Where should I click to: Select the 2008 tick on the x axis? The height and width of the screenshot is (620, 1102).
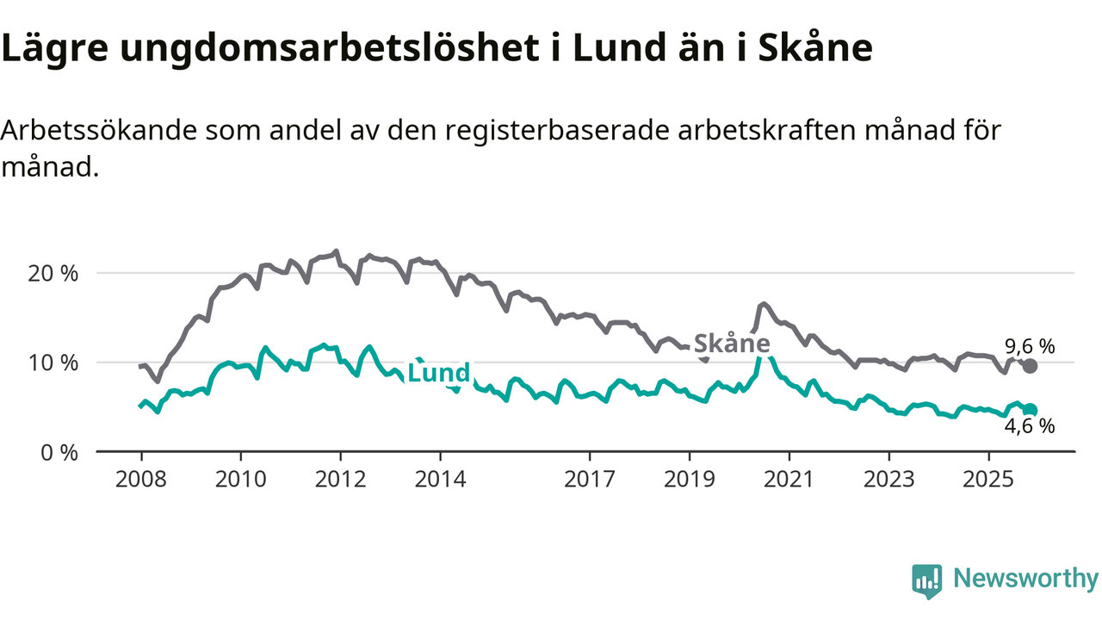[x=140, y=478]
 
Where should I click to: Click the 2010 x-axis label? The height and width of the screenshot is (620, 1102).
[x=240, y=478]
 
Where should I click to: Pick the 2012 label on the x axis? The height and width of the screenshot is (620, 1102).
[x=340, y=478]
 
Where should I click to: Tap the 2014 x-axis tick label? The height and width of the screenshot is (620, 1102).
[x=440, y=478]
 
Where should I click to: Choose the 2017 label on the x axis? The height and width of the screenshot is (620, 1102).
[x=590, y=478]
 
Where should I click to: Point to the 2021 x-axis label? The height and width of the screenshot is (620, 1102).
[x=789, y=478]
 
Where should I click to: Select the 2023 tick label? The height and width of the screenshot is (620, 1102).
[x=889, y=478]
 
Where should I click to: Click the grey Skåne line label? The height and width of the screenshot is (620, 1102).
[x=731, y=344]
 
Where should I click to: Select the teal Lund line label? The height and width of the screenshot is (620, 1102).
[x=438, y=373]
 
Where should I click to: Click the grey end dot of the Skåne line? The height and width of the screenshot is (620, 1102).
[x=1030, y=366]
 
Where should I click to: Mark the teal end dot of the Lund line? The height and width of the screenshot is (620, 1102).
[x=1031, y=410]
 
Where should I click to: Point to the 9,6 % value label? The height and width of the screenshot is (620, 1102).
[x=1030, y=346]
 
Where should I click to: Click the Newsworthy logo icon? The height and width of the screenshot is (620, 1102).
[x=926, y=580]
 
